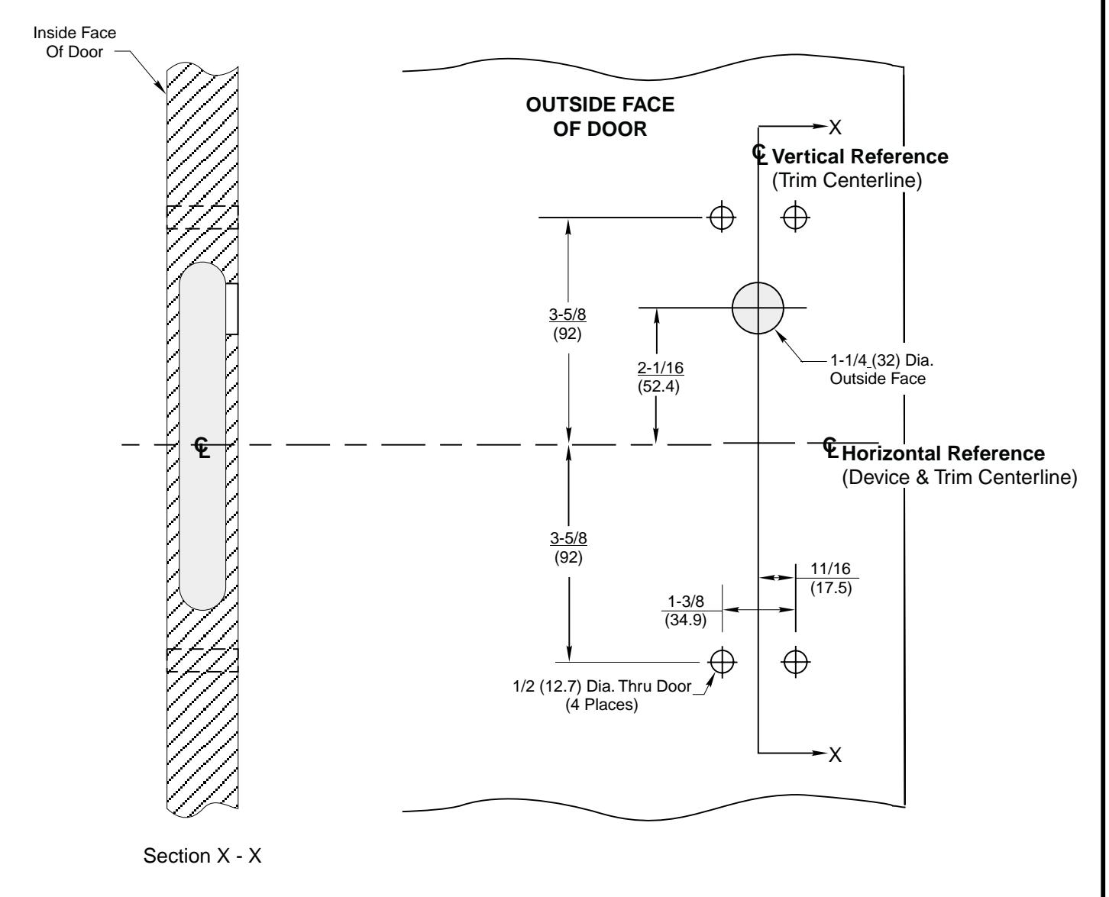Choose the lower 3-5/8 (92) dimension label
[x=567, y=548]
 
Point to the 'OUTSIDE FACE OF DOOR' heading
[x=600, y=117]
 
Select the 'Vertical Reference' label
[x=861, y=156]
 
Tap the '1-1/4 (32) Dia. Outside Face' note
[x=877, y=371]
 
